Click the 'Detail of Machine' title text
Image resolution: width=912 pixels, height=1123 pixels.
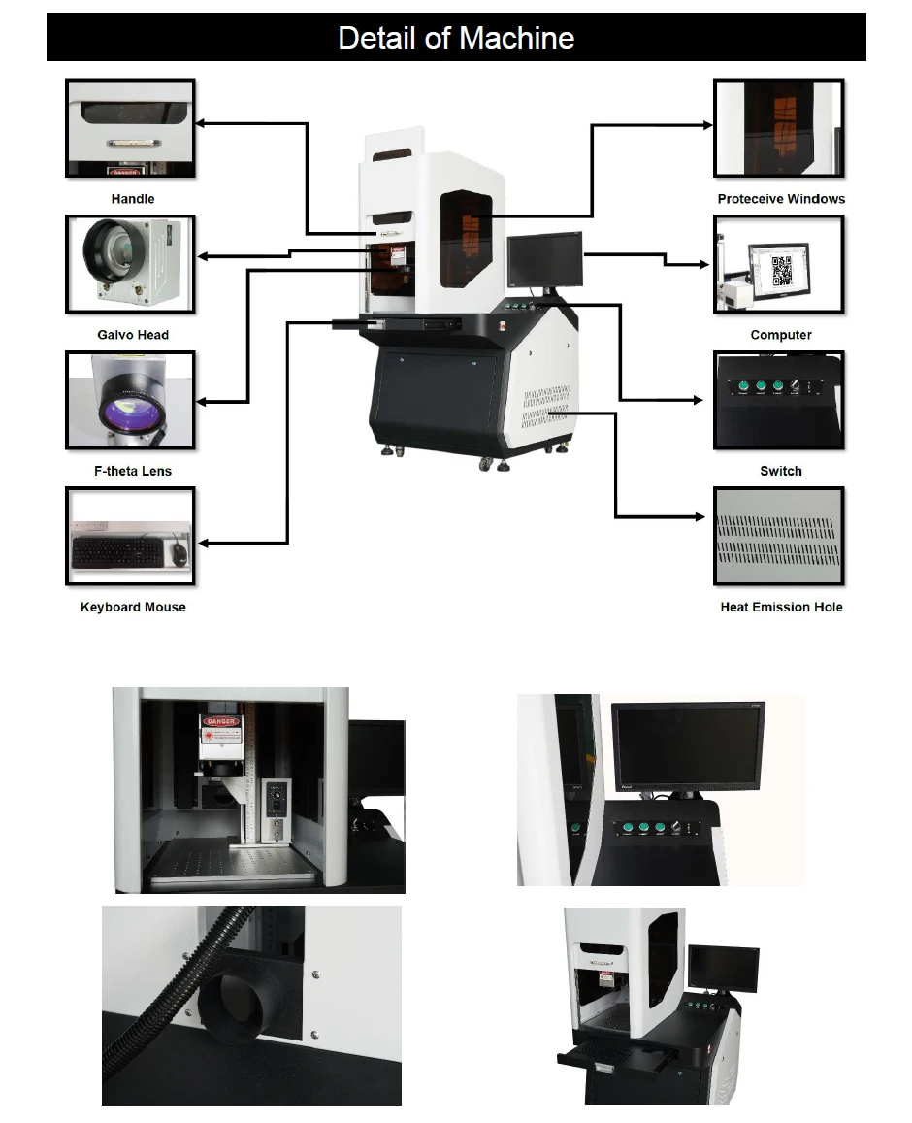click(x=456, y=38)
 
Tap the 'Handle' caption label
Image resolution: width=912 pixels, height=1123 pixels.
click(x=133, y=199)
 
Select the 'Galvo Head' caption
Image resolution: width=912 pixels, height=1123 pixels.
click(x=133, y=335)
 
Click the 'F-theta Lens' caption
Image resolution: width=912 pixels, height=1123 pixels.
click(x=133, y=471)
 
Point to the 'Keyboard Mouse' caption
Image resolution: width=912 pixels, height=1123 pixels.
click(x=133, y=607)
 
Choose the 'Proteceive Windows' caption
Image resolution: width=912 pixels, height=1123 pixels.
click(x=781, y=199)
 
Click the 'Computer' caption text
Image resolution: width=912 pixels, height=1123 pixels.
click(x=781, y=335)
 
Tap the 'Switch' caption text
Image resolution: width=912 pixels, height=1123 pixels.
click(x=781, y=471)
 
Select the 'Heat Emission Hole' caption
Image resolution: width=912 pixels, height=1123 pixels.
click(x=781, y=607)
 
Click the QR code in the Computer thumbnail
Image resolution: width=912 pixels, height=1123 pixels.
click(x=782, y=271)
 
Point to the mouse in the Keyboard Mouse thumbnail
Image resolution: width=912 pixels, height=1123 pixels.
click(x=179, y=553)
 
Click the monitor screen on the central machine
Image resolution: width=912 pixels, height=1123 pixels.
click(x=545, y=259)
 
